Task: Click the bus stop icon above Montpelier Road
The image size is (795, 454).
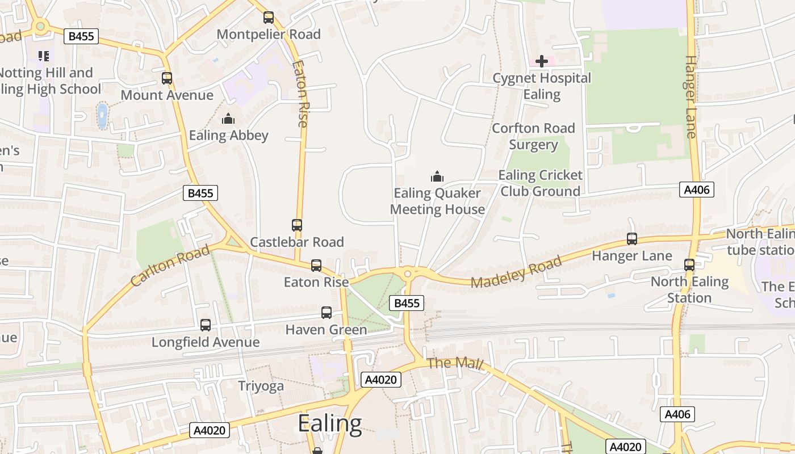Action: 269,18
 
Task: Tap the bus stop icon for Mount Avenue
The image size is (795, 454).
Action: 167,78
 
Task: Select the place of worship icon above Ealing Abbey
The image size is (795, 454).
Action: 228,119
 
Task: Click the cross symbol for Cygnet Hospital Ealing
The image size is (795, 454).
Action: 542,61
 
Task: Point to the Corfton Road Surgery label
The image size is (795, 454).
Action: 533,136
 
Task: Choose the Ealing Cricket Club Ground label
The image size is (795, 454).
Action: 540,183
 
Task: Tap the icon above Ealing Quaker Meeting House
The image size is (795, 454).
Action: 437,176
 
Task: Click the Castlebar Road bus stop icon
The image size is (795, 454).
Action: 297,225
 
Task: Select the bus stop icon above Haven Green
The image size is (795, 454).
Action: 327,312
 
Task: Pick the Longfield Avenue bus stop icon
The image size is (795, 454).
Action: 206,325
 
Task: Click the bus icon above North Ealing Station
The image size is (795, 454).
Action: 689,265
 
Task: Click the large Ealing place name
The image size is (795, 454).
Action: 329,423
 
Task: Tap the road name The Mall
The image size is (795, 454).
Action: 454,363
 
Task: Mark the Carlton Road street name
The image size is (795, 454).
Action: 170,266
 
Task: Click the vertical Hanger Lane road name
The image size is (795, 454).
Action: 690,96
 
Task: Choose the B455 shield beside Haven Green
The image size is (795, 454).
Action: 407,303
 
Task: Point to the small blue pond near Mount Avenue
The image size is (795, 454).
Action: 102,116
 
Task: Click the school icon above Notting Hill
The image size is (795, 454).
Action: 44,56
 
